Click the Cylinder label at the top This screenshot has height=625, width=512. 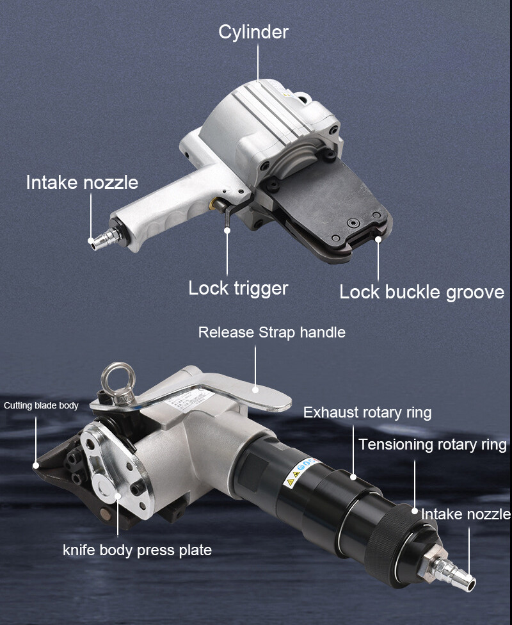click(x=253, y=33)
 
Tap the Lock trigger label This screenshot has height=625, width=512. click(x=238, y=288)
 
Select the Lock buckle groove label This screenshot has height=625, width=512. click(x=422, y=292)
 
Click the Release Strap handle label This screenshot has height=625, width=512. click(x=272, y=332)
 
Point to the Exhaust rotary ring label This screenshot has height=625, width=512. click(x=367, y=412)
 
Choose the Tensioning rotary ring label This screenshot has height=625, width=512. click(x=433, y=444)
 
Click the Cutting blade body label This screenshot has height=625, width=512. click(x=41, y=406)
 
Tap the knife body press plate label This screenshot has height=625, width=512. click(x=137, y=550)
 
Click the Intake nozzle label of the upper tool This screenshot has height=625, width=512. click(x=82, y=183)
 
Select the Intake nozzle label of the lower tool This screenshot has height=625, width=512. click(x=466, y=514)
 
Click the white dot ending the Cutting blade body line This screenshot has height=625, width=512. click(x=36, y=465)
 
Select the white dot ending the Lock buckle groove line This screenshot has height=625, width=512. click(x=378, y=239)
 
